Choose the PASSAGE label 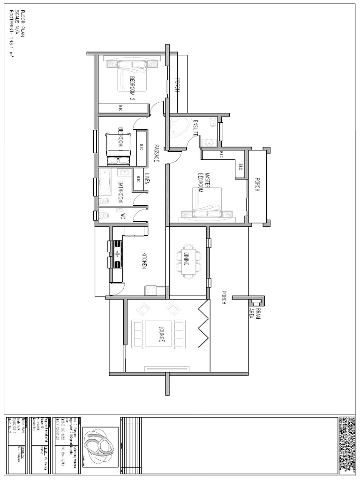click(x=157, y=153)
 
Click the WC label click(x=123, y=217)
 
